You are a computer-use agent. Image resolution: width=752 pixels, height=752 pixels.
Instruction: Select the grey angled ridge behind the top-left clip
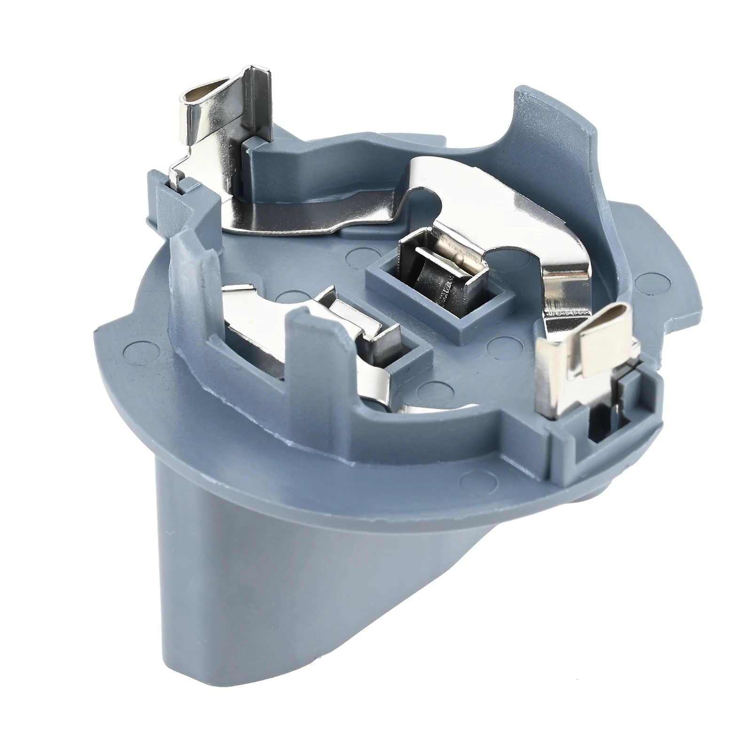pyautogui.click(x=324, y=155)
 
